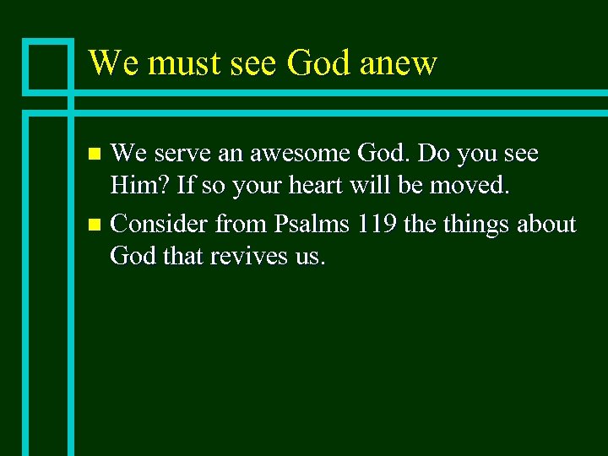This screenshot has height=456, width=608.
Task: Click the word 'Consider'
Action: pyautogui.click(x=159, y=225)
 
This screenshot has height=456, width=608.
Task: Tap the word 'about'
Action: pyautogui.click(x=547, y=225)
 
